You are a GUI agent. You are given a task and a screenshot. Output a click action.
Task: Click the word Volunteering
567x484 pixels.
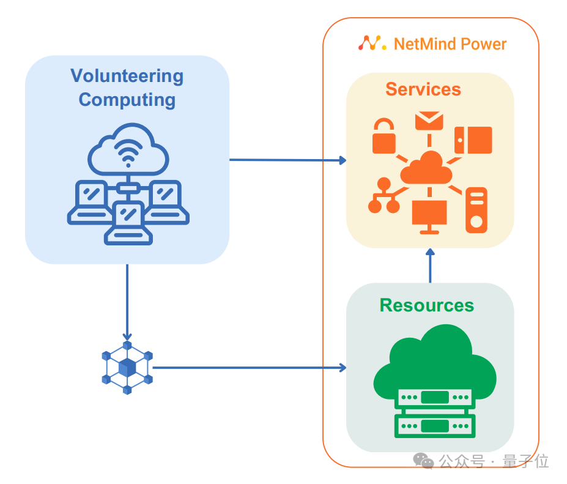tap(127, 76)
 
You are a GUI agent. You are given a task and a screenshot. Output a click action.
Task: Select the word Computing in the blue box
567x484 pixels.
tap(127, 99)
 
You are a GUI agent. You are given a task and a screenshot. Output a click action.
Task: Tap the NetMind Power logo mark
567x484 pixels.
tap(372, 43)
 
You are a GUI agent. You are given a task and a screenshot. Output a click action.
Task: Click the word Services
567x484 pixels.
tap(423, 89)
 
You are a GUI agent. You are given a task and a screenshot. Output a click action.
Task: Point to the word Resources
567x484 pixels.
tap(426, 305)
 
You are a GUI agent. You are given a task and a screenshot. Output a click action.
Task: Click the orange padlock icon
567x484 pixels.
tap(384, 137)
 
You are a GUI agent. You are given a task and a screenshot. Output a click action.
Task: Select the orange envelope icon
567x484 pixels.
tap(429, 120)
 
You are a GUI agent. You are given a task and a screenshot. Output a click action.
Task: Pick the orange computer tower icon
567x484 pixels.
tap(476, 210)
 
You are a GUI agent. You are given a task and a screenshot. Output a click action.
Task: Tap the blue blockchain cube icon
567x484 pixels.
tap(127, 367)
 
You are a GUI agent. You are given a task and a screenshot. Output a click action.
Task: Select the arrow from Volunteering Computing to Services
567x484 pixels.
tap(287, 160)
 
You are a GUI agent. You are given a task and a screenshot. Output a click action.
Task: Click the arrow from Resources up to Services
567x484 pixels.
tap(430, 266)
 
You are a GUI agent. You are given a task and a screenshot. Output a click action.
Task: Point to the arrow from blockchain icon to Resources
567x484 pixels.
tap(248, 368)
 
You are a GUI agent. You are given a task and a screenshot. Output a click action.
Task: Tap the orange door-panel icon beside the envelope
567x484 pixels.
tap(473, 140)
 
